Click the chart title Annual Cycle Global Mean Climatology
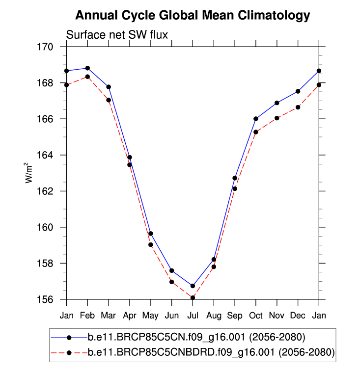click(193, 16)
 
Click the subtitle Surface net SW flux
click(117, 35)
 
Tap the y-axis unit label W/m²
click(29, 173)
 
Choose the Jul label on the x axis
click(193, 315)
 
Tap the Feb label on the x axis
click(87, 315)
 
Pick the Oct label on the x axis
click(256, 315)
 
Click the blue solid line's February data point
click(87, 68)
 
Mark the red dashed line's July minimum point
click(193, 297)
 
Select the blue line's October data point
click(256, 119)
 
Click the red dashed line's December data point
click(298, 107)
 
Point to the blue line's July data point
click(193, 286)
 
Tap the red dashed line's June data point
click(171, 282)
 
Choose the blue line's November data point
click(277, 103)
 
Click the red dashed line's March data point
click(109, 100)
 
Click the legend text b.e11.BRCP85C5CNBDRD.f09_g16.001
click(211, 352)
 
